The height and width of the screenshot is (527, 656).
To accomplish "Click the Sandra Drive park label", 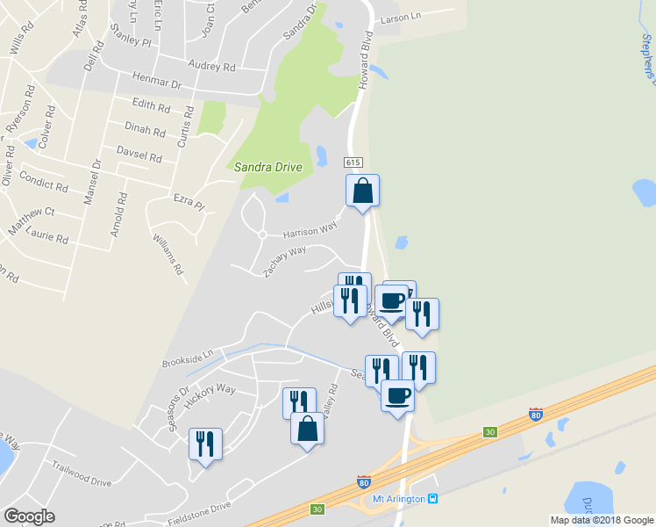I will point(267,167).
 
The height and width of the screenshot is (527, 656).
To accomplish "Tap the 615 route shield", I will point(353,162).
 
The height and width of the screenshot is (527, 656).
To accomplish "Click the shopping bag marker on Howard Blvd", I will point(362,191).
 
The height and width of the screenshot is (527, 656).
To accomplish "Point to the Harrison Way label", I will point(310,229).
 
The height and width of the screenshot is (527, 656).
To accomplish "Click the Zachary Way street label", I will point(285,261).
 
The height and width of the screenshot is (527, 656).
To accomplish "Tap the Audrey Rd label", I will point(212,66).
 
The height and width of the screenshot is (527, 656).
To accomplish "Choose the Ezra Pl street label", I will point(188,202).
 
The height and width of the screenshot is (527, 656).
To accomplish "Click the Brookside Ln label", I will point(188,358).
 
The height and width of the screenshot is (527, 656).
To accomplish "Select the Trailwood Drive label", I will point(82,473).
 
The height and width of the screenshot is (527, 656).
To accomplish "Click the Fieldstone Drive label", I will point(201,509).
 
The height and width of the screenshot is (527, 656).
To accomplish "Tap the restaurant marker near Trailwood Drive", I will point(205,443).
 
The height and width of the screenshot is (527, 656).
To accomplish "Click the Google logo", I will point(29,516).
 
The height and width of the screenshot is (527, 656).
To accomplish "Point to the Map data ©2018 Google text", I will point(601,520).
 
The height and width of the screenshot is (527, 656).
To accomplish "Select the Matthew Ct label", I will point(32,218).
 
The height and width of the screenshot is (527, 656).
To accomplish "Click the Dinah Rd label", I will point(146,130).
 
